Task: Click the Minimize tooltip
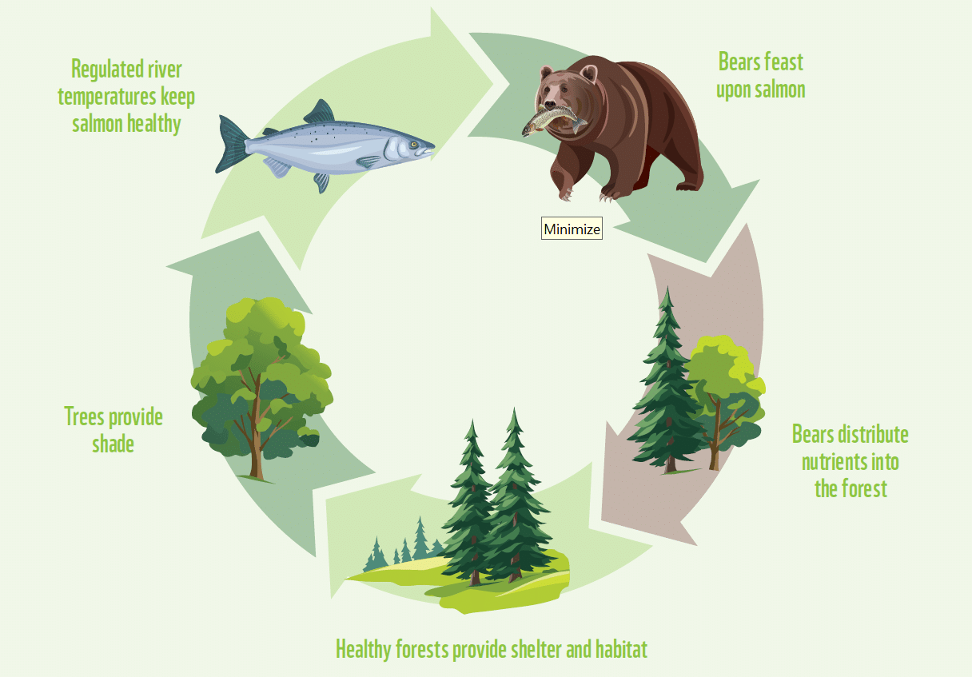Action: tap(572, 229)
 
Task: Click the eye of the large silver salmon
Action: tap(414, 144)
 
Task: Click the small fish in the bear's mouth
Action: tap(552, 119)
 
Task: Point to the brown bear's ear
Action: tap(588, 74)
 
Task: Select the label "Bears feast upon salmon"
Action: tap(760, 75)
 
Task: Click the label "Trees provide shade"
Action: tap(113, 429)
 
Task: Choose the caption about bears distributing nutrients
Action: tap(850, 461)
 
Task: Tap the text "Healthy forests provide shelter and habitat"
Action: tap(491, 648)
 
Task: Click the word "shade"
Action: tap(113, 444)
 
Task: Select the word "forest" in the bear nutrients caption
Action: tap(864, 488)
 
